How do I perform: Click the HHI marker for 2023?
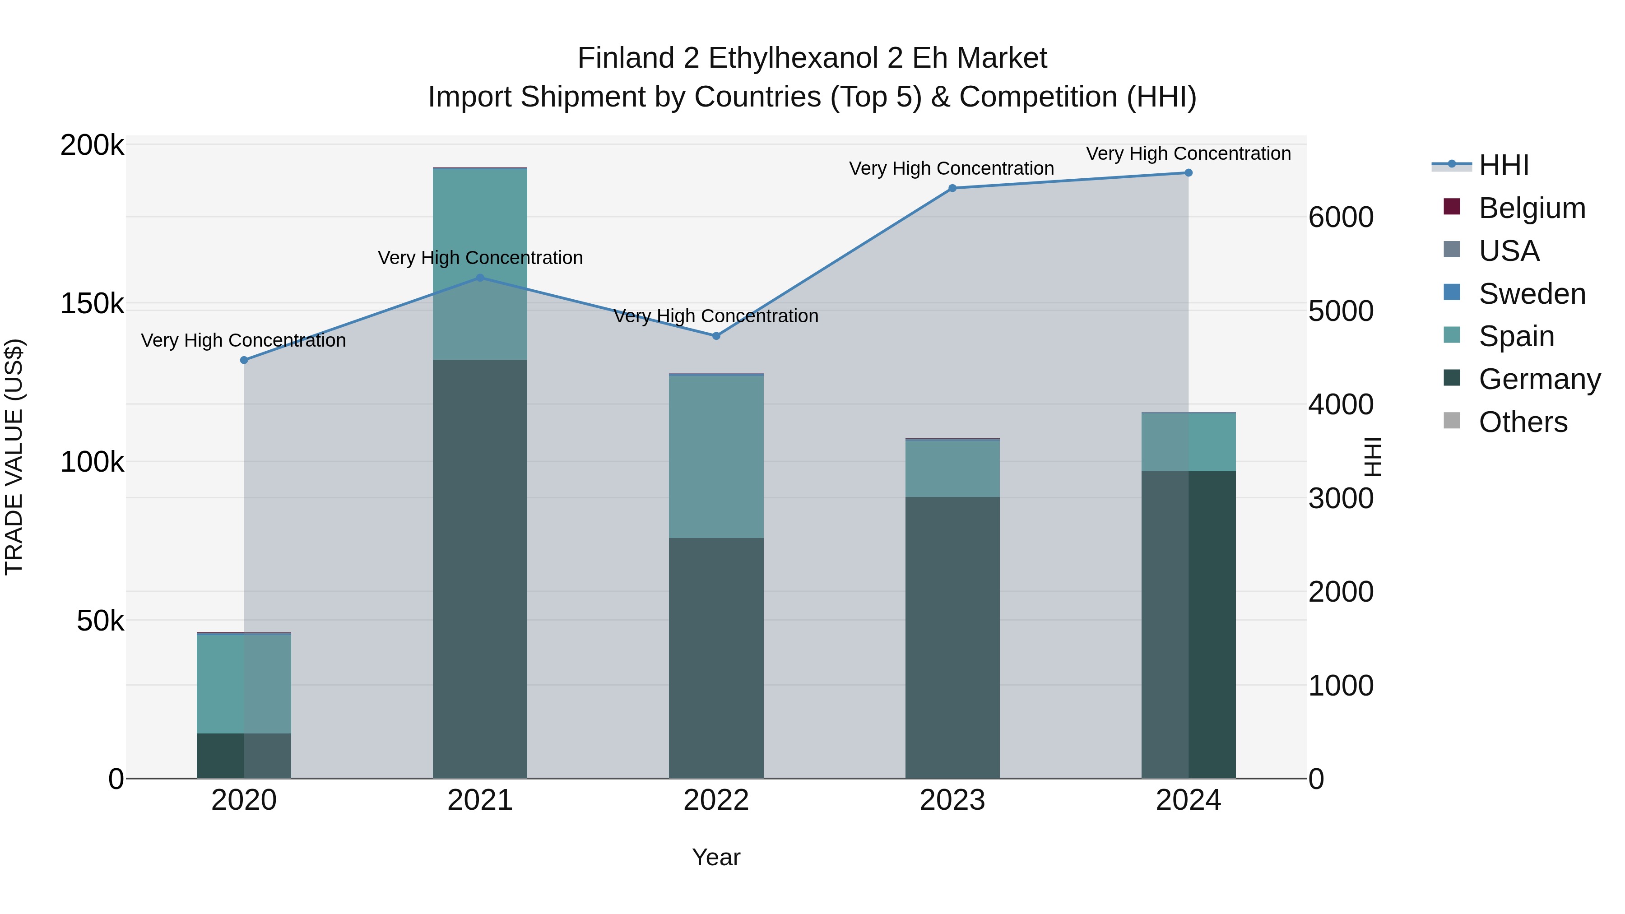point(952,188)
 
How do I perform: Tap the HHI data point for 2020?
point(244,360)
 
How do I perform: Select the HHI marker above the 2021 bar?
point(480,278)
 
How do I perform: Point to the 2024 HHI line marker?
point(1189,173)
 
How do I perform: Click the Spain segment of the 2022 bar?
point(716,457)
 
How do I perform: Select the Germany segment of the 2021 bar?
point(480,568)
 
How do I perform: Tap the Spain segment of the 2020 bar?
point(244,684)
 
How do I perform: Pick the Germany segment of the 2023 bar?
point(952,637)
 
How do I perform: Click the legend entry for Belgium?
point(1532,208)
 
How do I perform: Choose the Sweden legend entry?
point(1532,294)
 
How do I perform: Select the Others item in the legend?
point(1523,422)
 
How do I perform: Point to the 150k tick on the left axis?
point(92,304)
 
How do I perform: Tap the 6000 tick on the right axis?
point(1341,218)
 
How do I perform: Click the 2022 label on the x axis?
point(716,800)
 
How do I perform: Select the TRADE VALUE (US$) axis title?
point(14,457)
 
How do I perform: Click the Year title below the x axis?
point(716,857)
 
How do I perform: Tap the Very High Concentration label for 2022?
point(716,316)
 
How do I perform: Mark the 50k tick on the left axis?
point(100,622)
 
